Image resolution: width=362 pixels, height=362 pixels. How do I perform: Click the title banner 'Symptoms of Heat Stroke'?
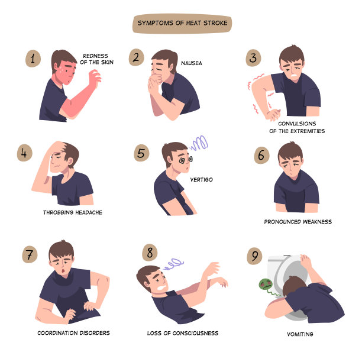coord(182,23)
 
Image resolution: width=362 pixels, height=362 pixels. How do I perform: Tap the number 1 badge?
coord(33,59)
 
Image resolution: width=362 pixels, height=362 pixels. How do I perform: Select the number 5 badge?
coord(141,153)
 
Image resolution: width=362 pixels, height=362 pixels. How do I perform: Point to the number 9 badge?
coord(254,256)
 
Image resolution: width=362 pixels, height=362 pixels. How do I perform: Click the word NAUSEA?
coord(192,63)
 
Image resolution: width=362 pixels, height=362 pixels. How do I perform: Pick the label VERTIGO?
coord(201,180)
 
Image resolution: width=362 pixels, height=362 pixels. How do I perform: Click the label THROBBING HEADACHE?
coord(73,212)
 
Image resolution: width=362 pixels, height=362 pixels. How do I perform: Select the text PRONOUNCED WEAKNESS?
coord(298,222)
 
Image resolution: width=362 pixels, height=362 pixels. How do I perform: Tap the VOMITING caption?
coord(300,334)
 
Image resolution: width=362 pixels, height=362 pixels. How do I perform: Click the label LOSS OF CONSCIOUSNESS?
coord(183,333)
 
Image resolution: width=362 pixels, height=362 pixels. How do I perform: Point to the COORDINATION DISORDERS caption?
coord(73,333)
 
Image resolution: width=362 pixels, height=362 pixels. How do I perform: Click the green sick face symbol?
coord(266,285)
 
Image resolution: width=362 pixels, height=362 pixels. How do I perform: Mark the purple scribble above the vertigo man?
coord(199,143)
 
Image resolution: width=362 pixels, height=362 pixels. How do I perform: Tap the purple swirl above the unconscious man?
coord(173,264)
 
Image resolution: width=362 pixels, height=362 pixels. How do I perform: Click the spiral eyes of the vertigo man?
coord(186,160)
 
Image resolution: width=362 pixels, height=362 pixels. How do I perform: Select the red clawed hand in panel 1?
coord(95,77)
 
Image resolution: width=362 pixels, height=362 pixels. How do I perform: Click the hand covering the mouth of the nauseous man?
coord(155,81)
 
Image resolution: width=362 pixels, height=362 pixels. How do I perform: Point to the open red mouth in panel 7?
coord(63,270)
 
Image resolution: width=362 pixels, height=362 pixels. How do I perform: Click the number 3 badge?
coord(253,58)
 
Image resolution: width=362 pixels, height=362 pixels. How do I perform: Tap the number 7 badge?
coord(30,254)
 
